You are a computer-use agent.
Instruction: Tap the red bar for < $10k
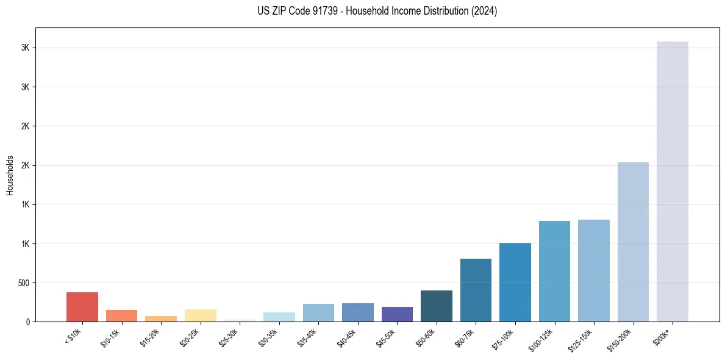click(x=82, y=307)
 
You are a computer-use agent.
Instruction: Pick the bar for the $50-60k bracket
click(x=437, y=306)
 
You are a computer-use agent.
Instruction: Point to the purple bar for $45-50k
click(x=397, y=314)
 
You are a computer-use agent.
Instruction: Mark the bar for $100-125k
click(x=554, y=271)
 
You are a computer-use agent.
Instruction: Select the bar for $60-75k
click(x=476, y=290)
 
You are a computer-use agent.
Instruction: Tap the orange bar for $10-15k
click(x=121, y=315)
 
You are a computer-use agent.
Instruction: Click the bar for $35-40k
click(x=318, y=312)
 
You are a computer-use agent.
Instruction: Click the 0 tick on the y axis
click(x=28, y=322)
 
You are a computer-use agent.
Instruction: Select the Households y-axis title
click(x=10, y=175)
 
